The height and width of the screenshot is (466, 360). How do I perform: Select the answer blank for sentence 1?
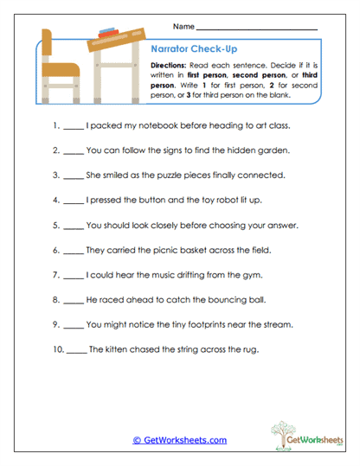point(74,126)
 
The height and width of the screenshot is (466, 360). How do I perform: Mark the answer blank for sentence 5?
point(74,226)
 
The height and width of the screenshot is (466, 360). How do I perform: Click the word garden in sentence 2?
point(268,150)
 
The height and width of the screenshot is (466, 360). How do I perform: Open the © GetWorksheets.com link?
point(180,439)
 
